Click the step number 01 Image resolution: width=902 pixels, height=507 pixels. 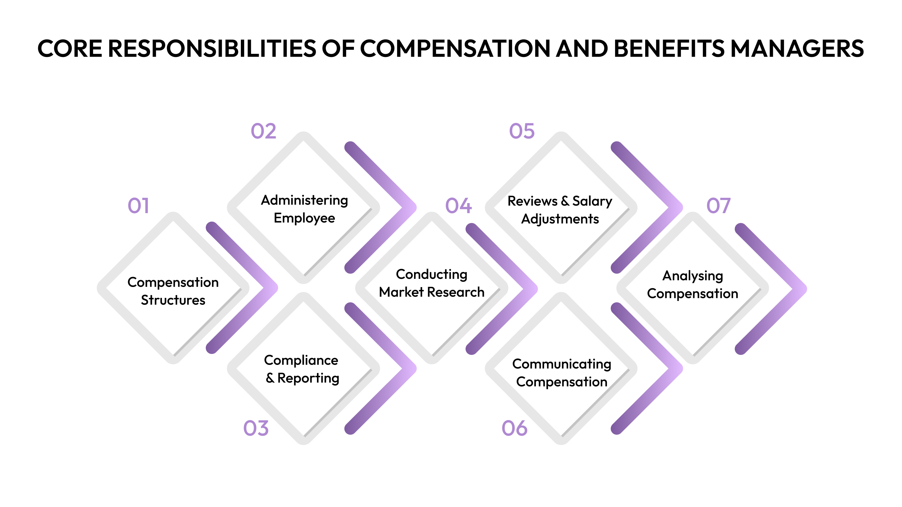(x=138, y=205)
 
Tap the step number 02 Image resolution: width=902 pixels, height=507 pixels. (x=263, y=131)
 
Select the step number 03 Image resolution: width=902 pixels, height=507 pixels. (x=256, y=428)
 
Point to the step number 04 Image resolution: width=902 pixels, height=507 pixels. (x=458, y=205)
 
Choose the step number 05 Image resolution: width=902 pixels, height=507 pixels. (x=522, y=131)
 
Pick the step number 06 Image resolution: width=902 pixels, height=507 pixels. (x=514, y=428)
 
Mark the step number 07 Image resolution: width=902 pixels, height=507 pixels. (x=718, y=205)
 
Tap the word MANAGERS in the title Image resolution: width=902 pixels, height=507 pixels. (x=797, y=48)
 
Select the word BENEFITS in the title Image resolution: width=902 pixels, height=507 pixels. (x=669, y=48)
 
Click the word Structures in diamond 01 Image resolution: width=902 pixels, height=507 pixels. (x=173, y=300)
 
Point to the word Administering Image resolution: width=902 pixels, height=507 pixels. (x=304, y=201)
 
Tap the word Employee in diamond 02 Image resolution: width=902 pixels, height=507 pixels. (x=304, y=218)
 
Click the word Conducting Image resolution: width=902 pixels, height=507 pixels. (x=431, y=275)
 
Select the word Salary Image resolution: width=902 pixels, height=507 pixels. (x=592, y=201)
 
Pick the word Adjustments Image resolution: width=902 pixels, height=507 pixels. (x=560, y=219)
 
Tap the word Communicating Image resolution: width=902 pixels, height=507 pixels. (x=562, y=364)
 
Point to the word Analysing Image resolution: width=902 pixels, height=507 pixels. (x=692, y=276)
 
